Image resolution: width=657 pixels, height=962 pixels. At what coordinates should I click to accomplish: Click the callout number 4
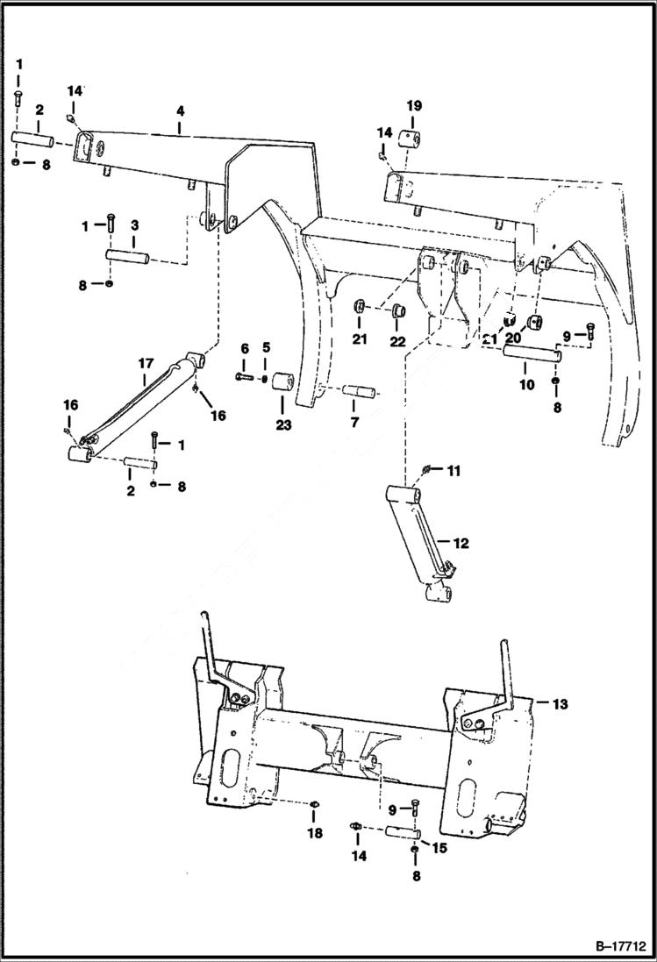click(x=180, y=111)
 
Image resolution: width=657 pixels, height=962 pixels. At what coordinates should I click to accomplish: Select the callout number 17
click(x=146, y=361)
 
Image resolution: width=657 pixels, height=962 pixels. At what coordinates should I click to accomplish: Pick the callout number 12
click(x=461, y=544)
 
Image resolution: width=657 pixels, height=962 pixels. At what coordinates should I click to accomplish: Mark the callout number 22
click(x=398, y=341)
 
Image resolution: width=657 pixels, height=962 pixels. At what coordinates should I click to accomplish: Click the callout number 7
click(x=355, y=423)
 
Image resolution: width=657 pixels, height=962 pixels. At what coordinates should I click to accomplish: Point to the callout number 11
click(x=453, y=472)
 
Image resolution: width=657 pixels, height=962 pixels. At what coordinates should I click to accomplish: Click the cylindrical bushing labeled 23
click(x=282, y=386)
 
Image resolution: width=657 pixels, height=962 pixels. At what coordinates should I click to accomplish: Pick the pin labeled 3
click(x=130, y=256)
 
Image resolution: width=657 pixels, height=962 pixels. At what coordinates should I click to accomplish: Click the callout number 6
click(x=245, y=348)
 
